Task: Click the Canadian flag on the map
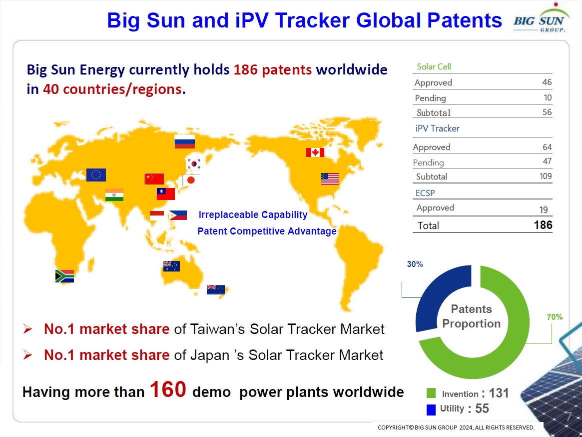click(315, 152)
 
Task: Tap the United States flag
click(330, 179)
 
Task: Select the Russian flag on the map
click(185, 141)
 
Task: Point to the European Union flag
click(96, 174)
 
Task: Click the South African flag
click(64, 276)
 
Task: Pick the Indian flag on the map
click(114, 194)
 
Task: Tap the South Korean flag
click(193, 163)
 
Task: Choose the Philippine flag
click(178, 215)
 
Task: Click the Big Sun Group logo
click(540, 18)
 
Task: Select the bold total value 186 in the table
click(543, 225)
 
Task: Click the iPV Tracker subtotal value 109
click(546, 176)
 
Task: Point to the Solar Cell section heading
click(434, 66)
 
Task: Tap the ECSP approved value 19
click(544, 209)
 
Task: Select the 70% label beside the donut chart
click(555, 317)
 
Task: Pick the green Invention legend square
click(431, 393)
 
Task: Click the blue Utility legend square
click(431, 409)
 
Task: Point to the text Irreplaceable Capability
click(253, 215)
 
